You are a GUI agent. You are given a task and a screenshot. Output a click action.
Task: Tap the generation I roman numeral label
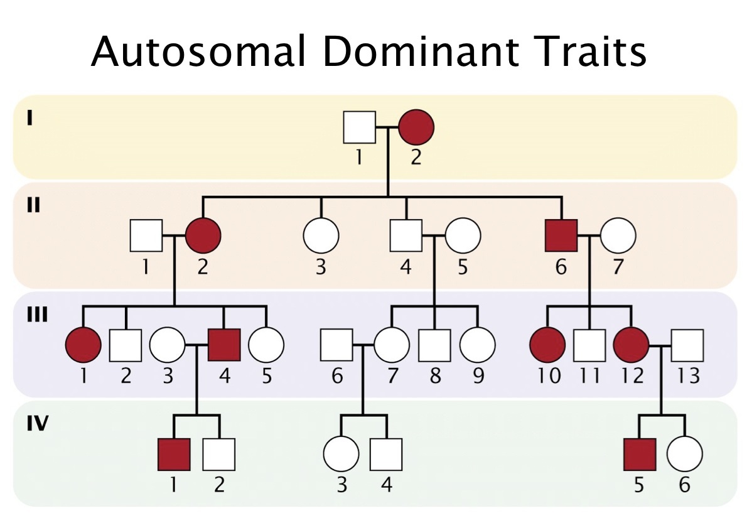click(x=30, y=118)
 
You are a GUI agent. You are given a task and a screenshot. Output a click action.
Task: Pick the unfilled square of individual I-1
click(x=359, y=127)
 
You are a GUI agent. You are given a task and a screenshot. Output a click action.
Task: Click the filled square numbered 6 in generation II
click(x=561, y=236)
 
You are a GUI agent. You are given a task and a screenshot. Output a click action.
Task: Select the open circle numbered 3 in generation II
click(x=321, y=236)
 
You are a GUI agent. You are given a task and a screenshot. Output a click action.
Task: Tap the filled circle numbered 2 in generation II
click(x=203, y=236)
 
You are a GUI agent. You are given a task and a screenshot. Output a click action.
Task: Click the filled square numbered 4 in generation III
click(x=225, y=345)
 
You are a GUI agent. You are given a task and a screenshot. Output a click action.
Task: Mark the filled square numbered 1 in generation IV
click(x=173, y=454)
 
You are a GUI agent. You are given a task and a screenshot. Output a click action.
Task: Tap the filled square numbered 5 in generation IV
click(x=639, y=454)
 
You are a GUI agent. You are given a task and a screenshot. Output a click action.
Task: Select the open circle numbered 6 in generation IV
click(x=684, y=454)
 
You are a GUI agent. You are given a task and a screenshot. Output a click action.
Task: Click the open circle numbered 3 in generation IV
click(x=341, y=454)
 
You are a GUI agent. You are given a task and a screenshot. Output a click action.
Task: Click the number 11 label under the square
click(x=589, y=377)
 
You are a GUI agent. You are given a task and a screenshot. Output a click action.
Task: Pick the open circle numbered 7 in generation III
click(x=392, y=345)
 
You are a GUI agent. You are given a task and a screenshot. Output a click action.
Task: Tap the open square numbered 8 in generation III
click(x=435, y=345)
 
